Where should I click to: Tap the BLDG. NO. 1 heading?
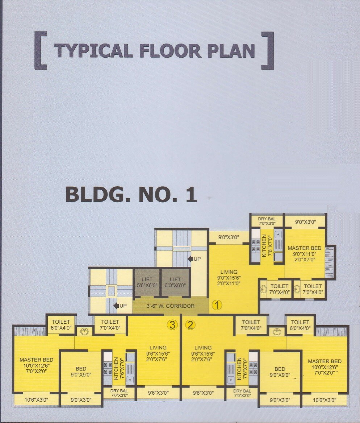pos(131,195)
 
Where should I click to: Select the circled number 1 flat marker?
pos(217,305)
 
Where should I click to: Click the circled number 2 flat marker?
pos(190,325)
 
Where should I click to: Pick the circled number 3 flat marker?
pos(172,325)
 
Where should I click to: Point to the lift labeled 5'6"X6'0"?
pos(147,282)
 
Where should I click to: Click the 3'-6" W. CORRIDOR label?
pos(170,306)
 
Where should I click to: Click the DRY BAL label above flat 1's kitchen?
pos(267,219)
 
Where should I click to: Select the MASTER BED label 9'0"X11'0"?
pos(305,254)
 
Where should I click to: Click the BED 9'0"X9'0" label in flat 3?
pos(81,372)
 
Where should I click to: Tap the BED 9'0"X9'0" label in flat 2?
pos(280,372)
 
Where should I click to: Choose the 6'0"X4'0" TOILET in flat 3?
pos(61,325)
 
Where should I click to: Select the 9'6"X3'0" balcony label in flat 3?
pos(158,393)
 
